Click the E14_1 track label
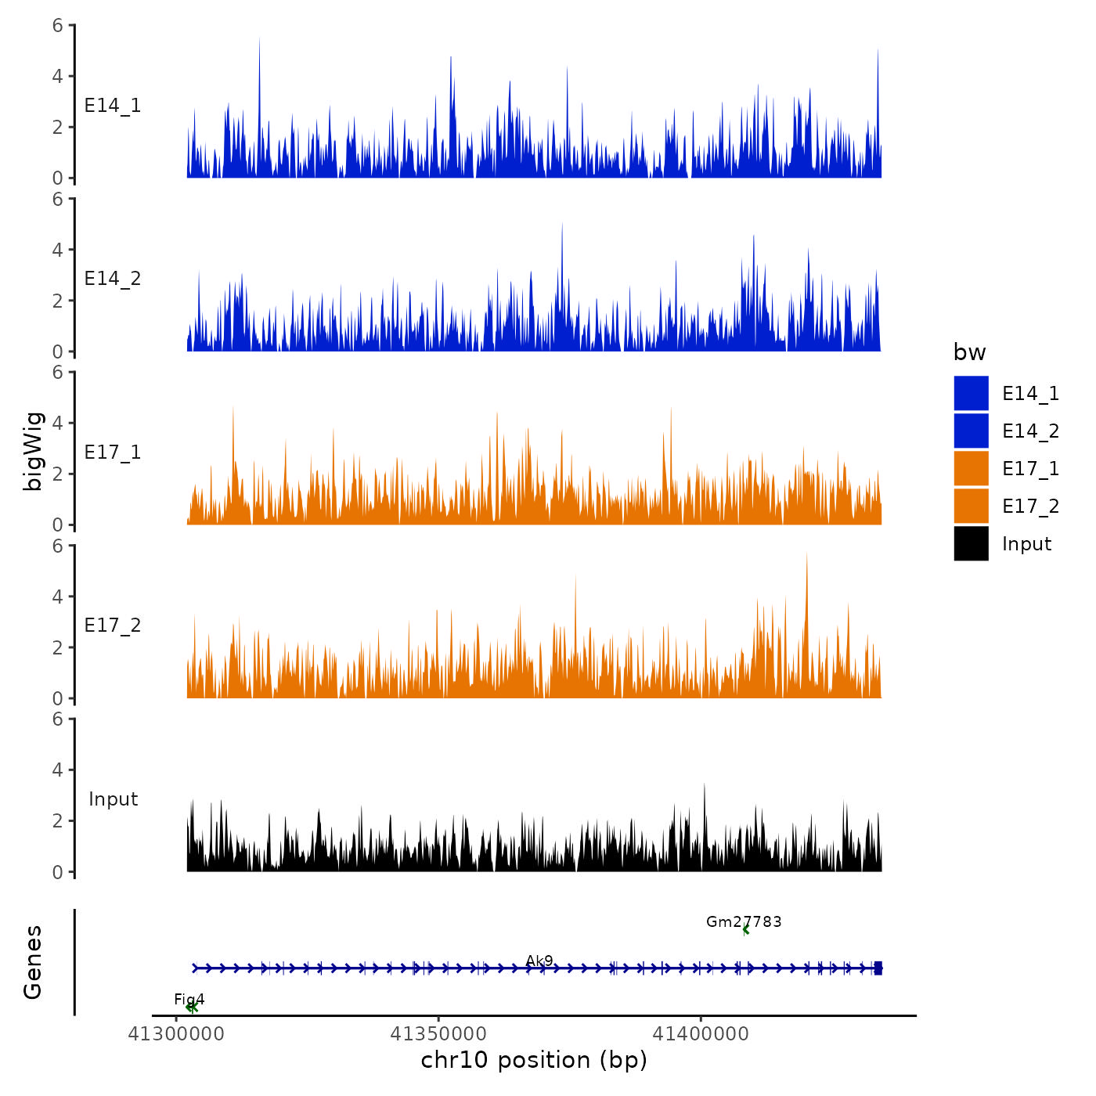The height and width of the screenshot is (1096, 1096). (x=113, y=106)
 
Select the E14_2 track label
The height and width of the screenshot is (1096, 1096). (x=113, y=279)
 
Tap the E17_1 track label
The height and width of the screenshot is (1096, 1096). (x=113, y=452)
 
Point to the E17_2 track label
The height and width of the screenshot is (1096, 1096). (x=113, y=626)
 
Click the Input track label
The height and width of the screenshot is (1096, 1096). (x=113, y=799)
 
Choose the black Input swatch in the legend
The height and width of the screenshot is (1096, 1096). (x=971, y=543)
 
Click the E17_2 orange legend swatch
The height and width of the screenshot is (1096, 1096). (x=971, y=506)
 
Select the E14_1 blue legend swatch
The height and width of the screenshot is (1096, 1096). (x=971, y=393)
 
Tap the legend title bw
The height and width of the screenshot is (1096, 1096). (x=969, y=352)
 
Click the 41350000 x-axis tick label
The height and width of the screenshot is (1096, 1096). (x=438, y=1034)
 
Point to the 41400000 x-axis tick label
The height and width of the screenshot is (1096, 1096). (x=701, y=1034)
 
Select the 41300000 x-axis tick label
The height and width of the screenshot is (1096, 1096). (x=176, y=1034)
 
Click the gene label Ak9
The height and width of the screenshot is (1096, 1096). (x=539, y=961)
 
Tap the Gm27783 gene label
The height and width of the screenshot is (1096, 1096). (x=744, y=921)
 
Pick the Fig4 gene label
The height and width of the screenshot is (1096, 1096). (x=189, y=999)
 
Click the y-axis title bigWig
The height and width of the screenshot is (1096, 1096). (x=33, y=451)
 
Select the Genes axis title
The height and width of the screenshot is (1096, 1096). (x=33, y=962)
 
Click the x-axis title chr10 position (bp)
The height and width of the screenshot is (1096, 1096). (x=534, y=1060)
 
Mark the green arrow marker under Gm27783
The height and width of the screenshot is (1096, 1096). (x=745, y=930)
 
